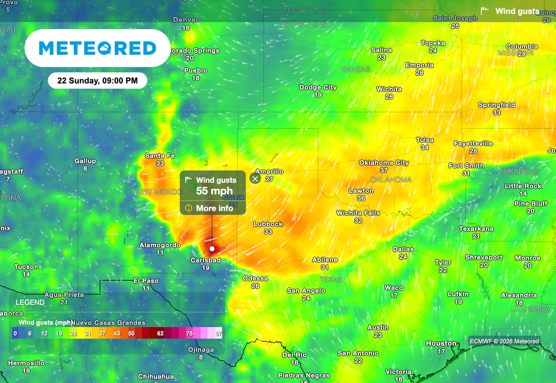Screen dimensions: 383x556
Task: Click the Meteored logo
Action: click(x=98, y=48)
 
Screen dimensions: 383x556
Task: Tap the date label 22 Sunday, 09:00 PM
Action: click(x=98, y=81)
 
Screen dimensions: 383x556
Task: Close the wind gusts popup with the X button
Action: click(x=255, y=178)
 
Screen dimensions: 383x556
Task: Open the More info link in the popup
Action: click(x=214, y=208)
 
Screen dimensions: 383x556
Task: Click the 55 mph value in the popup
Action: click(x=214, y=190)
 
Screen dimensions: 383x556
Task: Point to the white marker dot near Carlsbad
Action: click(x=212, y=249)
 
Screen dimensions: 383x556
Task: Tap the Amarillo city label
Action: click(x=269, y=171)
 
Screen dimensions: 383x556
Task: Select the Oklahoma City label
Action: click(x=384, y=163)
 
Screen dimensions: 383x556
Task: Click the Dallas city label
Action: click(x=403, y=250)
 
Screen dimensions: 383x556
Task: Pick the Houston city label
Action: click(x=441, y=343)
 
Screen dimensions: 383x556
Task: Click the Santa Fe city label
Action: click(x=160, y=156)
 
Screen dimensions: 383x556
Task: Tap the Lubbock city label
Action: click(x=268, y=224)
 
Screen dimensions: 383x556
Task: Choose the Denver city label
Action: click(x=186, y=20)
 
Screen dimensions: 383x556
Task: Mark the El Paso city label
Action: click(x=146, y=281)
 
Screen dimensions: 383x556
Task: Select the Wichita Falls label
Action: click(x=358, y=213)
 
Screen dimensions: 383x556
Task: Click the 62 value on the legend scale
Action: click(x=160, y=334)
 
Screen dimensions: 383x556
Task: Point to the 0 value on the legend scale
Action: click(x=15, y=334)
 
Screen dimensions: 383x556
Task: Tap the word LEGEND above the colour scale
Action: click(x=30, y=302)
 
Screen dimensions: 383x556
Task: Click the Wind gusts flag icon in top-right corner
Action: click(x=485, y=11)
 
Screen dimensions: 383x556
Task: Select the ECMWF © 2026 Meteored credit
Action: click(x=505, y=341)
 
